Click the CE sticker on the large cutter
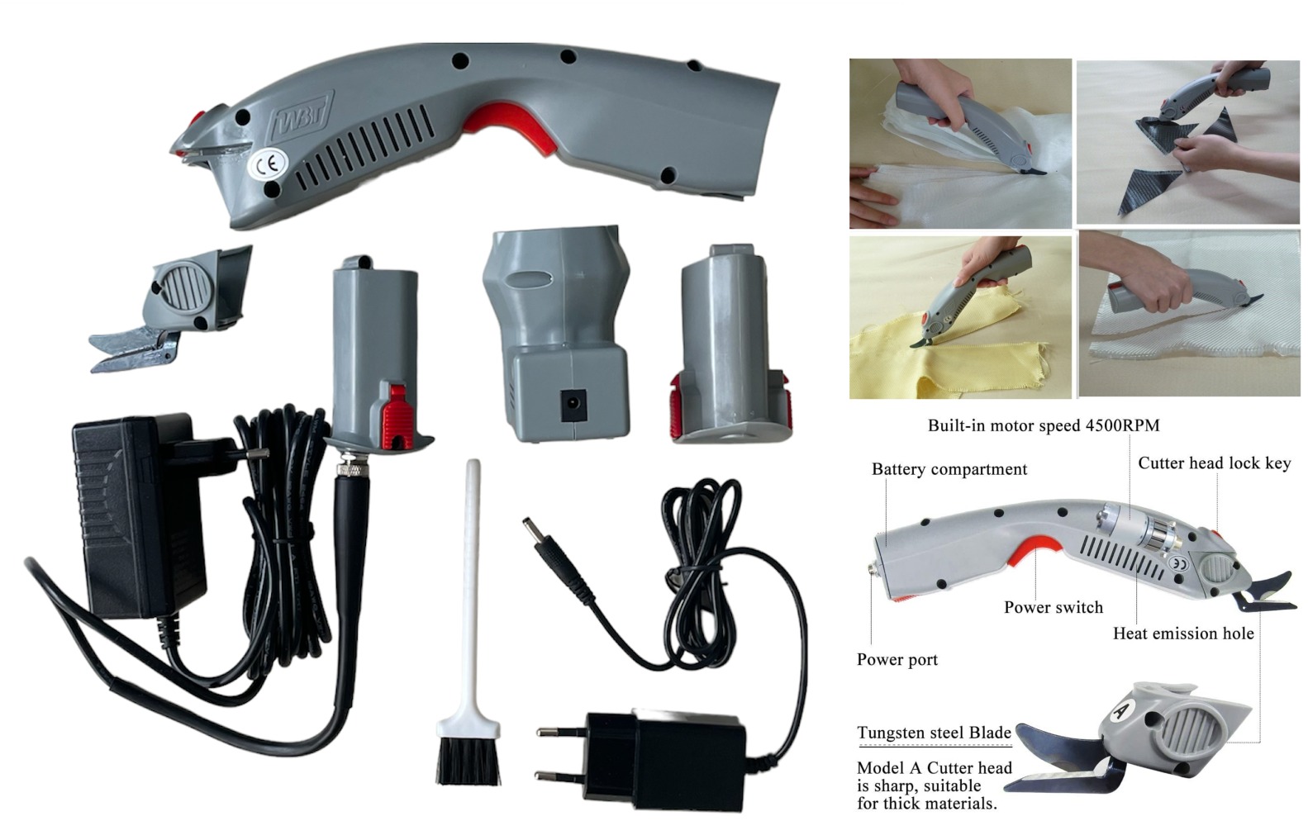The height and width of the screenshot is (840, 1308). [x=267, y=165]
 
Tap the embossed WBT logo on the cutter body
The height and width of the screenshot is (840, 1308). [x=302, y=116]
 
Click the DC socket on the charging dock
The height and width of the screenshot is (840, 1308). [x=573, y=405]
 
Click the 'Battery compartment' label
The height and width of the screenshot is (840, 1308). [x=949, y=469]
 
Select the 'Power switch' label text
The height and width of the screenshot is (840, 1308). [x=1054, y=607]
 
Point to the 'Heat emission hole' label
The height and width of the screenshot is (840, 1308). [x=1183, y=634]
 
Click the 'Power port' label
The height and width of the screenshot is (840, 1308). [x=897, y=660]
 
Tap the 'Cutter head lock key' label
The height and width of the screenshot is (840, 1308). [x=1214, y=463]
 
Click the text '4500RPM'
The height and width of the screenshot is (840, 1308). [x=1122, y=425]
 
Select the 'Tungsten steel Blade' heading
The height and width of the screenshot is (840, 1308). [x=934, y=733]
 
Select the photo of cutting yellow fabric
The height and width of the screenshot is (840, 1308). [x=961, y=317]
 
